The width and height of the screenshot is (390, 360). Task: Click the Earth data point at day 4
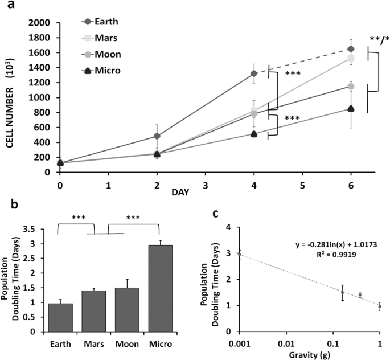[254, 73]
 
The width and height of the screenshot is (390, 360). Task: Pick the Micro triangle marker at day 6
[351, 108]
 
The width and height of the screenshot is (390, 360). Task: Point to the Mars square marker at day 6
[351, 58]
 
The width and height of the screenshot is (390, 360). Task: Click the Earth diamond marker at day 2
[157, 137]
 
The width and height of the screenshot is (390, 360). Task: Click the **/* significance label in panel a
[379, 40]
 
